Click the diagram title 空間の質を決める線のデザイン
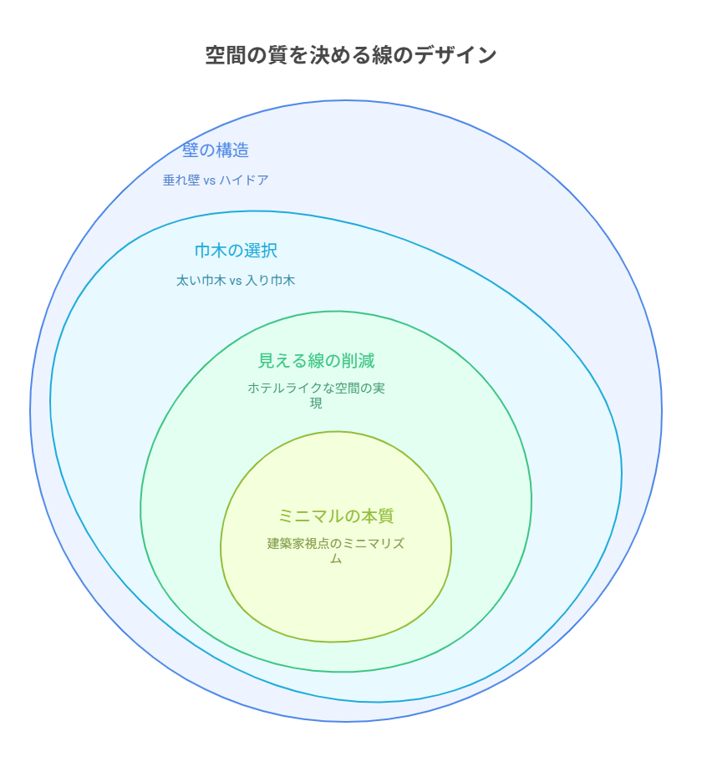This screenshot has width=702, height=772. pyautogui.click(x=351, y=54)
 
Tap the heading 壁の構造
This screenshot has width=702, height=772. pyautogui.click(x=216, y=150)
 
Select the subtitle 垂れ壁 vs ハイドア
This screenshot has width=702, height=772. pyautogui.click(x=216, y=180)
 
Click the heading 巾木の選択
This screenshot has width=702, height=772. pyautogui.click(x=236, y=251)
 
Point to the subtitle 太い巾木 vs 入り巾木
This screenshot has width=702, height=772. pyautogui.click(x=236, y=281)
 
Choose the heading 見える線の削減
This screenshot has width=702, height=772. pyautogui.click(x=316, y=361)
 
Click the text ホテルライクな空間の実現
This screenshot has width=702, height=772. pyautogui.click(x=316, y=395)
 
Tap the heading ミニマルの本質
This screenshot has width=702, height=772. pyautogui.click(x=336, y=516)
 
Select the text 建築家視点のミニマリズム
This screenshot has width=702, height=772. pyautogui.click(x=336, y=551)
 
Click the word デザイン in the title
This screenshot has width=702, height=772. pyautogui.click(x=455, y=54)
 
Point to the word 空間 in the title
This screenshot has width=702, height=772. pyautogui.click(x=226, y=54)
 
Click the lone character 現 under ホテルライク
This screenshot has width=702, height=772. pyautogui.click(x=316, y=404)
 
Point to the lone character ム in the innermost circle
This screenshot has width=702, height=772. pyautogui.click(x=336, y=559)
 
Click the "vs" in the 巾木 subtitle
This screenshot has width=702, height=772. pyautogui.click(x=236, y=281)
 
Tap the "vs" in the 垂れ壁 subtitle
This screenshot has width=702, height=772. pyautogui.click(x=210, y=180)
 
